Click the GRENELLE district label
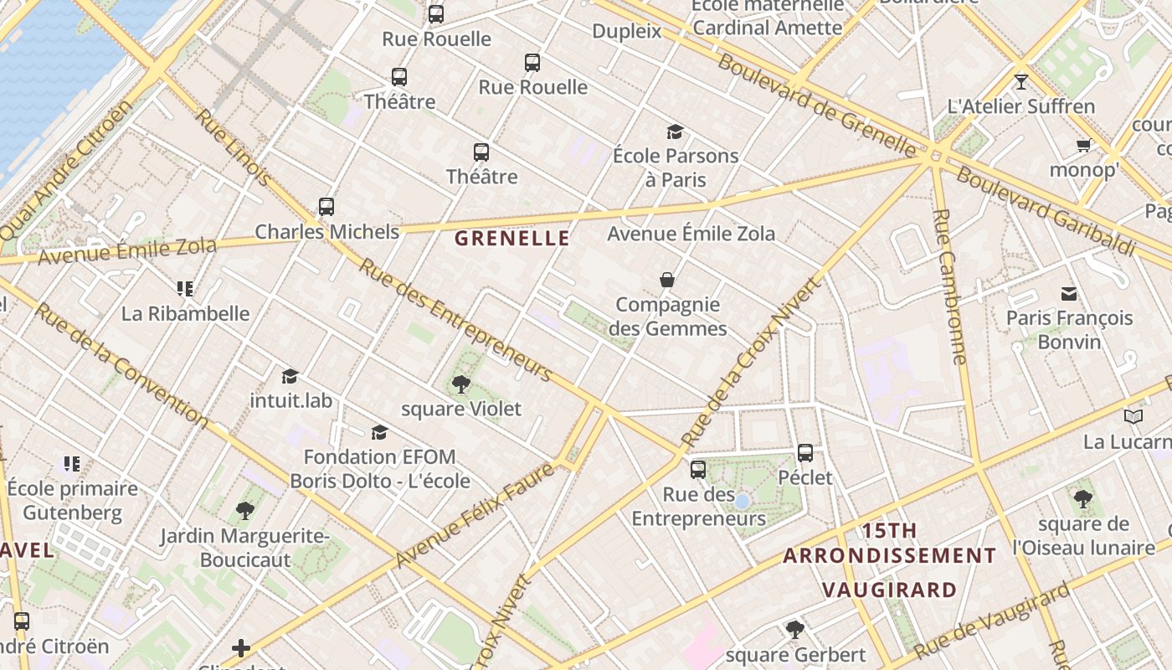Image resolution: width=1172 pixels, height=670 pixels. tap(511, 239)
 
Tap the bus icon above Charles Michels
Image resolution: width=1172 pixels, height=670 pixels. tap(326, 206)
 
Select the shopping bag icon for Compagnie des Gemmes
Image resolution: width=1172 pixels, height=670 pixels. tap(667, 280)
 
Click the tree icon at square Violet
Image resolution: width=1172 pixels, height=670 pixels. tap(460, 384)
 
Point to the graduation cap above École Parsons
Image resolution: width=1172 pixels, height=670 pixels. tap(675, 131)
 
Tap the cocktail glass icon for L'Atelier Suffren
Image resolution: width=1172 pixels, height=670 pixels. tap(1020, 82)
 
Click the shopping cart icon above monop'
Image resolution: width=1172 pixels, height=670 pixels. tap(1083, 146)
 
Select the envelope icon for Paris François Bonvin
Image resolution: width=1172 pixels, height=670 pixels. tap(1069, 294)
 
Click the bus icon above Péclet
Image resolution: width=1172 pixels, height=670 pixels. tap(805, 453)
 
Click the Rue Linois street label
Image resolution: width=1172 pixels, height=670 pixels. tap(234, 147)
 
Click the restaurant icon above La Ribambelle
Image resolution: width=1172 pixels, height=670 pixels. tap(185, 289)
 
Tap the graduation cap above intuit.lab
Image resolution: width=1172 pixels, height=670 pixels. tap(290, 376)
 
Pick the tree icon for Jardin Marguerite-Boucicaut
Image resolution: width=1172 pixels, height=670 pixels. tap(244, 510)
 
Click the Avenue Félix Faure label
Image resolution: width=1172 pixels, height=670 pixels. tap(475, 514)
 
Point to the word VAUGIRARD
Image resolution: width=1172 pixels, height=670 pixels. tap(889, 590)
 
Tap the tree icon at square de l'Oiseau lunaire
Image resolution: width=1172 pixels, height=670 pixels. tap(1083, 500)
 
